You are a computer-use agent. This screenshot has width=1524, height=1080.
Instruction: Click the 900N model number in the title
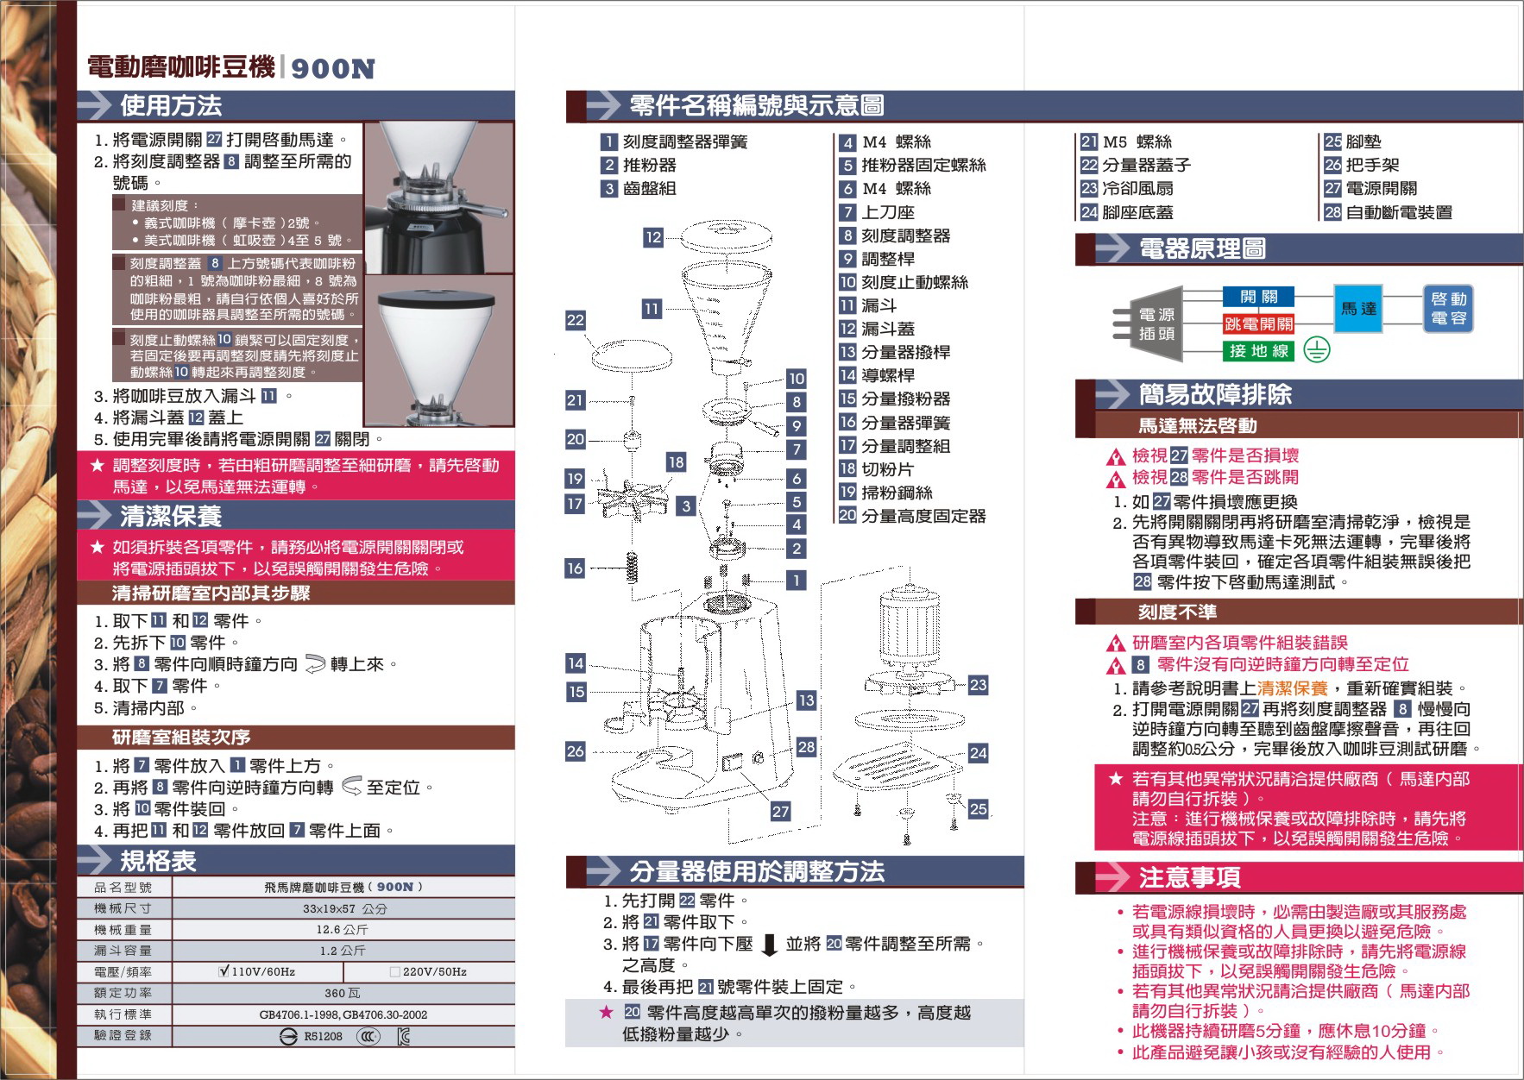click(333, 69)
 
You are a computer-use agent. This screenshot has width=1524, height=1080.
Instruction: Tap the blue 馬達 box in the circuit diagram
click(1358, 308)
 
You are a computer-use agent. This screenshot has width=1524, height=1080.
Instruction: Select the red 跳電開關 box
click(1259, 324)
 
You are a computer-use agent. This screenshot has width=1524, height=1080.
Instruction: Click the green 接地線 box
click(1259, 350)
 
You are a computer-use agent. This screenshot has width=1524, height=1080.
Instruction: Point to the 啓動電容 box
click(1448, 308)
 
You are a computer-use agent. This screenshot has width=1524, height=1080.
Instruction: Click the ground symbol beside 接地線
click(1317, 349)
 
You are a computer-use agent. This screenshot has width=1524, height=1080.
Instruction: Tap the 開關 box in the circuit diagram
click(1259, 297)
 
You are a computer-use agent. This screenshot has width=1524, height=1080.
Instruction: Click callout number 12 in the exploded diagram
click(653, 237)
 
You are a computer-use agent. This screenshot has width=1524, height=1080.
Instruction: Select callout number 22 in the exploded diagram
click(576, 320)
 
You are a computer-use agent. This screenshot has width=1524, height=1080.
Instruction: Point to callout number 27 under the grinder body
click(780, 811)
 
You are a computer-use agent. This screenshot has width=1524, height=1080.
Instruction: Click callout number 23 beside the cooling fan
click(978, 685)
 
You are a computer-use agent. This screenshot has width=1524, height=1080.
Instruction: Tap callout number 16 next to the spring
click(575, 568)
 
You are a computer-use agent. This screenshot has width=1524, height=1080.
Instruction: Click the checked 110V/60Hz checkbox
click(224, 971)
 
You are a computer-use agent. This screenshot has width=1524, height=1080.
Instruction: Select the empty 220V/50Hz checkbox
click(395, 972)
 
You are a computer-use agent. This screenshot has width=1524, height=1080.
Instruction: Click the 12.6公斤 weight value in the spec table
click(342, 930)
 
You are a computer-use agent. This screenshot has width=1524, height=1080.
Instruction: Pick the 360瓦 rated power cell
click(343, 993)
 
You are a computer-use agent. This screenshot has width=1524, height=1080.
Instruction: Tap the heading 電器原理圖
click(1202, 249)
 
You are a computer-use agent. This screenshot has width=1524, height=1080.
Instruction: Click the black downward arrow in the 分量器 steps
click(771, 945)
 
